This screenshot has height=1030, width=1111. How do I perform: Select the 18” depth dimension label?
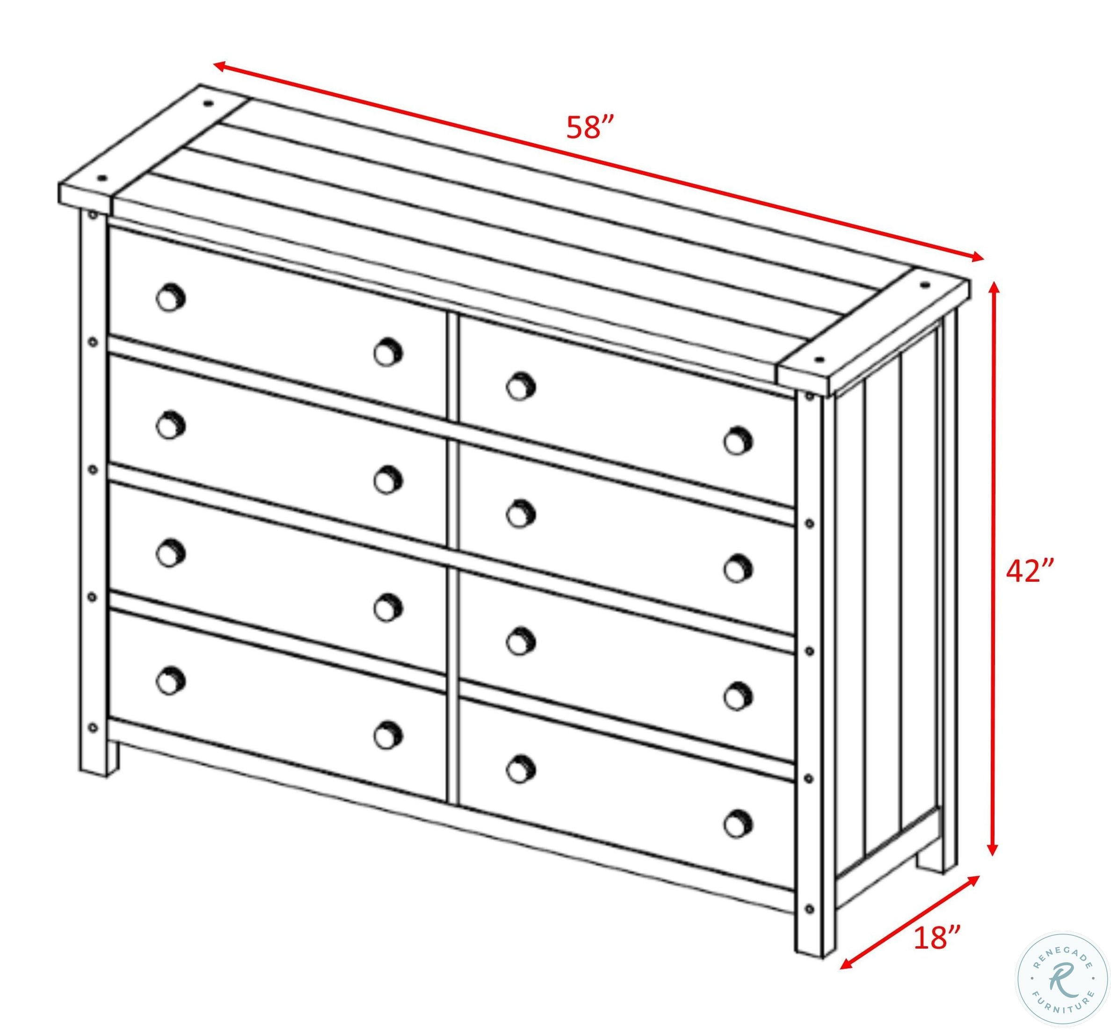[x=937, y=937]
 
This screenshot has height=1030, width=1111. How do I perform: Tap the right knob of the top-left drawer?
[x=388, y=352]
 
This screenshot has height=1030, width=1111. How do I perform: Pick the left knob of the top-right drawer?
[x=521, y=386]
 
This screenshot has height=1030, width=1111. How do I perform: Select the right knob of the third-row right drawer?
[x=738, y=695]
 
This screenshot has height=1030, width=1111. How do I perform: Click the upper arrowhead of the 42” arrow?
[x=992, y=289]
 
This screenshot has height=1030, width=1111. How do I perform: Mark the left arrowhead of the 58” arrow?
[x=221, y=66]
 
